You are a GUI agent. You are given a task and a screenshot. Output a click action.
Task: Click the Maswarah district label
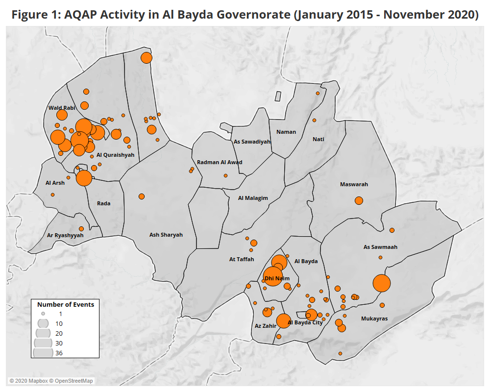pos(354,184)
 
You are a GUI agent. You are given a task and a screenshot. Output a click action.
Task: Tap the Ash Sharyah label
pos(166,235)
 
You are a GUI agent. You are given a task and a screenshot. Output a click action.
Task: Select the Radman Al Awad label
pos(220,162)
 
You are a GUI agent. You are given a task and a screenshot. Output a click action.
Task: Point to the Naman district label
pos(286,132)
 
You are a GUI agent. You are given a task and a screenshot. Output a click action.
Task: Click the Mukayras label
pos(374,318)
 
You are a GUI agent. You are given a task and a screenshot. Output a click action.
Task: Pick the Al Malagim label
pos(253,198)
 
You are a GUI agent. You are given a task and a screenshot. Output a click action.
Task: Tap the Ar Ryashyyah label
pos(65,235)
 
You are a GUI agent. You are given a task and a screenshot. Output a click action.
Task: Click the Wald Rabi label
pos(62,107)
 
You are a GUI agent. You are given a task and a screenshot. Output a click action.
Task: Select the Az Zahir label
pos(265,325)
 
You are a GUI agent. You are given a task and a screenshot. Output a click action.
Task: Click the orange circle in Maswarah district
pos(359,200)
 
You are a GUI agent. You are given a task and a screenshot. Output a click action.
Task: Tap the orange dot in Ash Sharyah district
pos(142,196)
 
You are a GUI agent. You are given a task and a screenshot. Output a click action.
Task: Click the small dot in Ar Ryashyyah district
pos(81,229)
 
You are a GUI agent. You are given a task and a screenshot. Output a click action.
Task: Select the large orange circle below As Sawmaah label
pos(382,283)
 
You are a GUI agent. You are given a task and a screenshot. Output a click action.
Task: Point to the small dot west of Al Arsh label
pos(52,195)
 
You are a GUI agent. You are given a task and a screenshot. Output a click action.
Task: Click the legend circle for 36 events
pos(43,352)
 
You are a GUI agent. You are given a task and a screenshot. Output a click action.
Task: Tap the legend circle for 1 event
pos(43,314)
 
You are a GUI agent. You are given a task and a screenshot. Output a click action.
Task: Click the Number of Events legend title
pos(66,304)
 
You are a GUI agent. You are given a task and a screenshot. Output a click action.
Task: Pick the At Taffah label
pos(242,259)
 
